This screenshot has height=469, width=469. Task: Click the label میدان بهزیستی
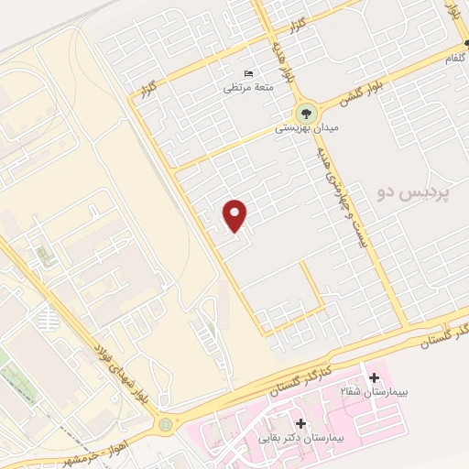pyautogui.click(x=308, y=130)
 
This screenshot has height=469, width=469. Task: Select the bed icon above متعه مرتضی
pyautogui.click(x=248, y=73)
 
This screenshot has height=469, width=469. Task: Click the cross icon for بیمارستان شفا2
pyautogui.click(x=374, y=377)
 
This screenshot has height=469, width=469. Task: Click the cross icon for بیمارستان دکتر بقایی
pyautogui.click(x=301, y=423)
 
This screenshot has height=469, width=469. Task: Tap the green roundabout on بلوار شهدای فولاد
pyautogui.click(x=165, y=424)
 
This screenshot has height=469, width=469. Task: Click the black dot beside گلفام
pyautogui.click(x=466, y=43)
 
